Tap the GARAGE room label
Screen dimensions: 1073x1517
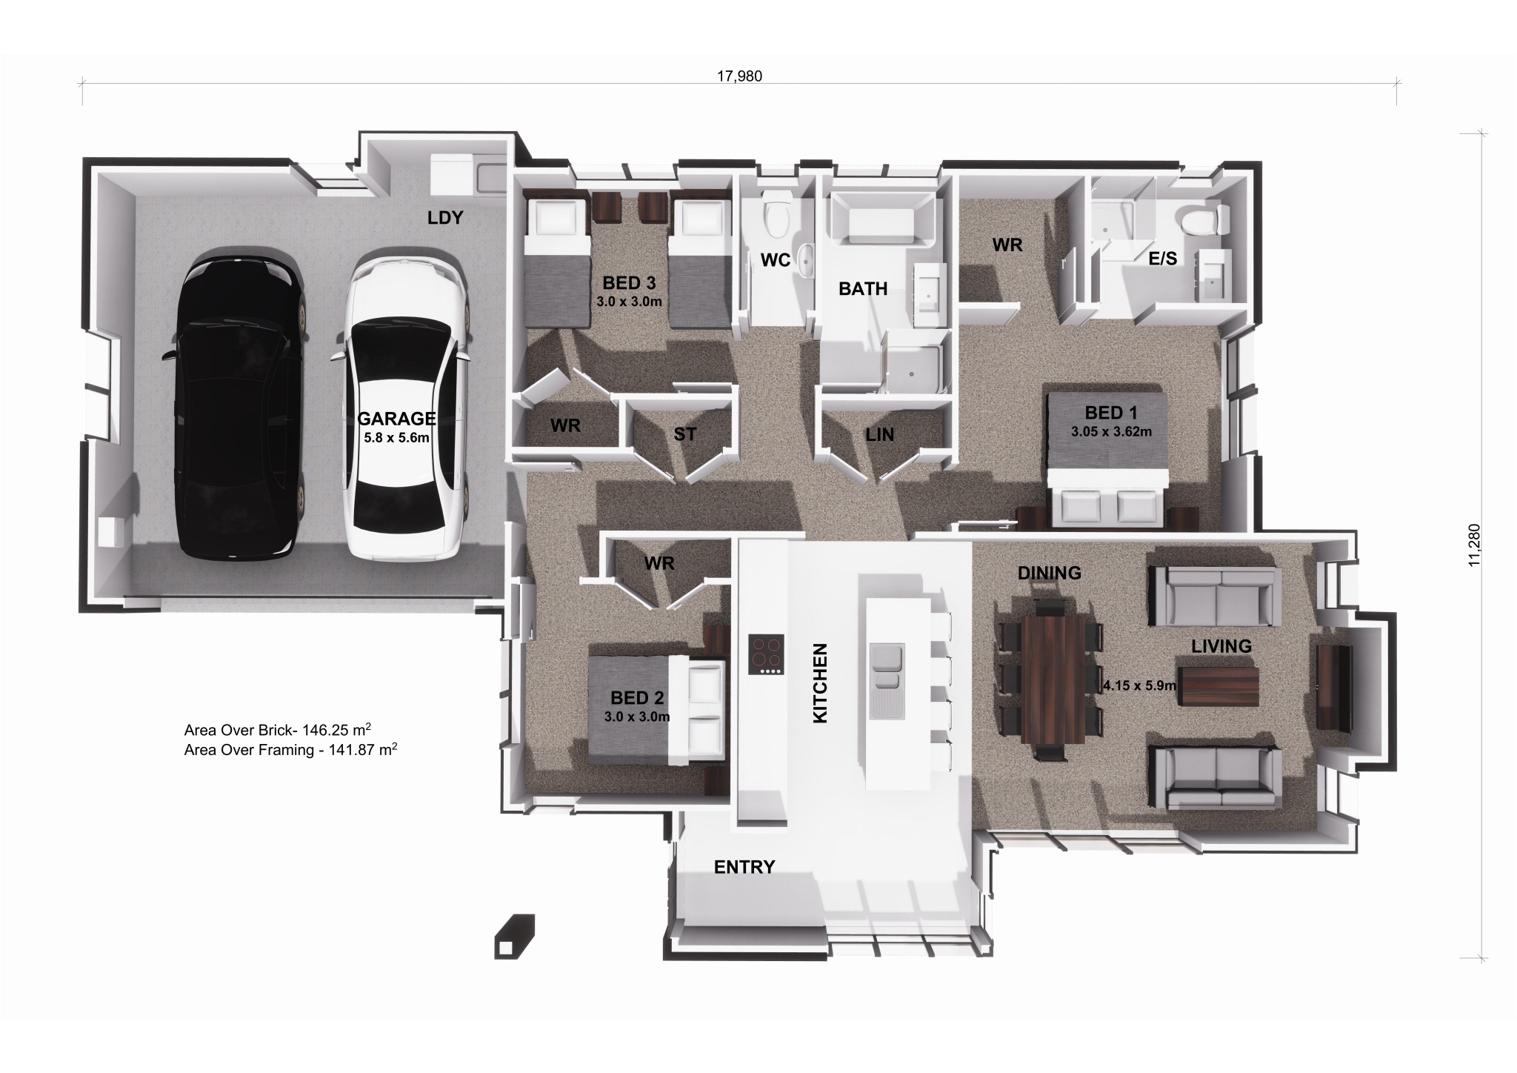396,419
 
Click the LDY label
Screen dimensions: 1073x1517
445,218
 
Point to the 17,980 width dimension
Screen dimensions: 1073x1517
739,76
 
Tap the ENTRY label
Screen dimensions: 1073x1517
744,867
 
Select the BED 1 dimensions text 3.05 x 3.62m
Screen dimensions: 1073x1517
1110,431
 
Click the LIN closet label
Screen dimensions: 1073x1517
879,435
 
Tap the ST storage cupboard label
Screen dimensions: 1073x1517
684,434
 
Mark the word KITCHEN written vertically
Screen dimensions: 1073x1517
820,683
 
